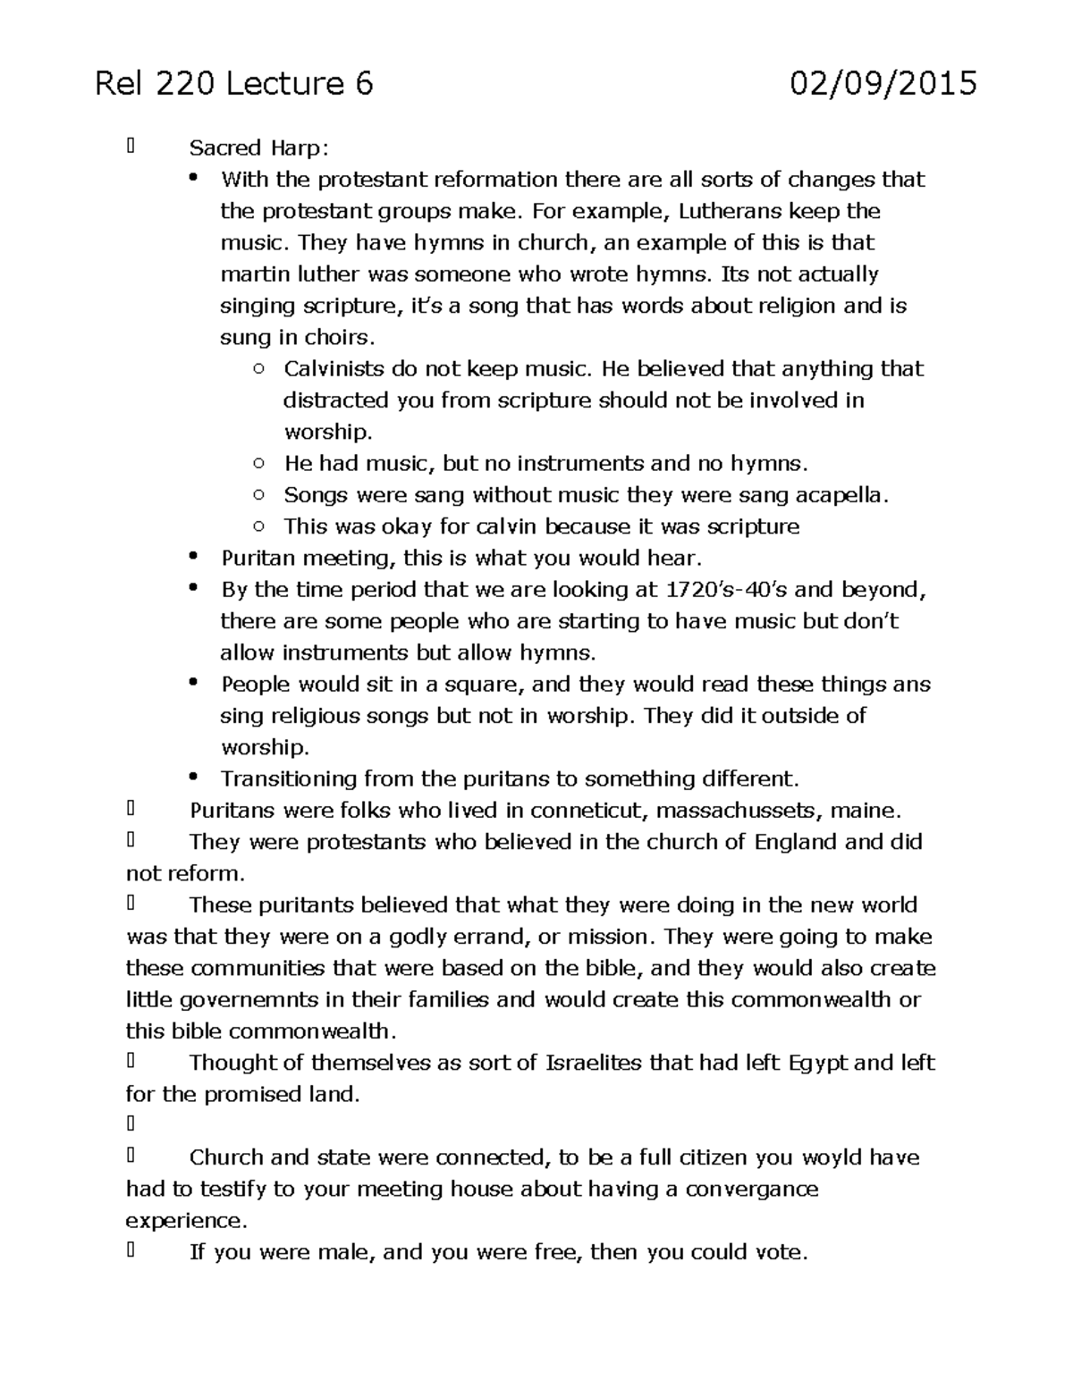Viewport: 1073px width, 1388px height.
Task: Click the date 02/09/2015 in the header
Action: (883, 84)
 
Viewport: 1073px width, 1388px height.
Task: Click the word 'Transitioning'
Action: (289, 778)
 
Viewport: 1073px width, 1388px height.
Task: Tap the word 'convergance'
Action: (751, 1189)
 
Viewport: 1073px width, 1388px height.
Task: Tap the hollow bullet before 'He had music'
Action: (258, 463)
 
